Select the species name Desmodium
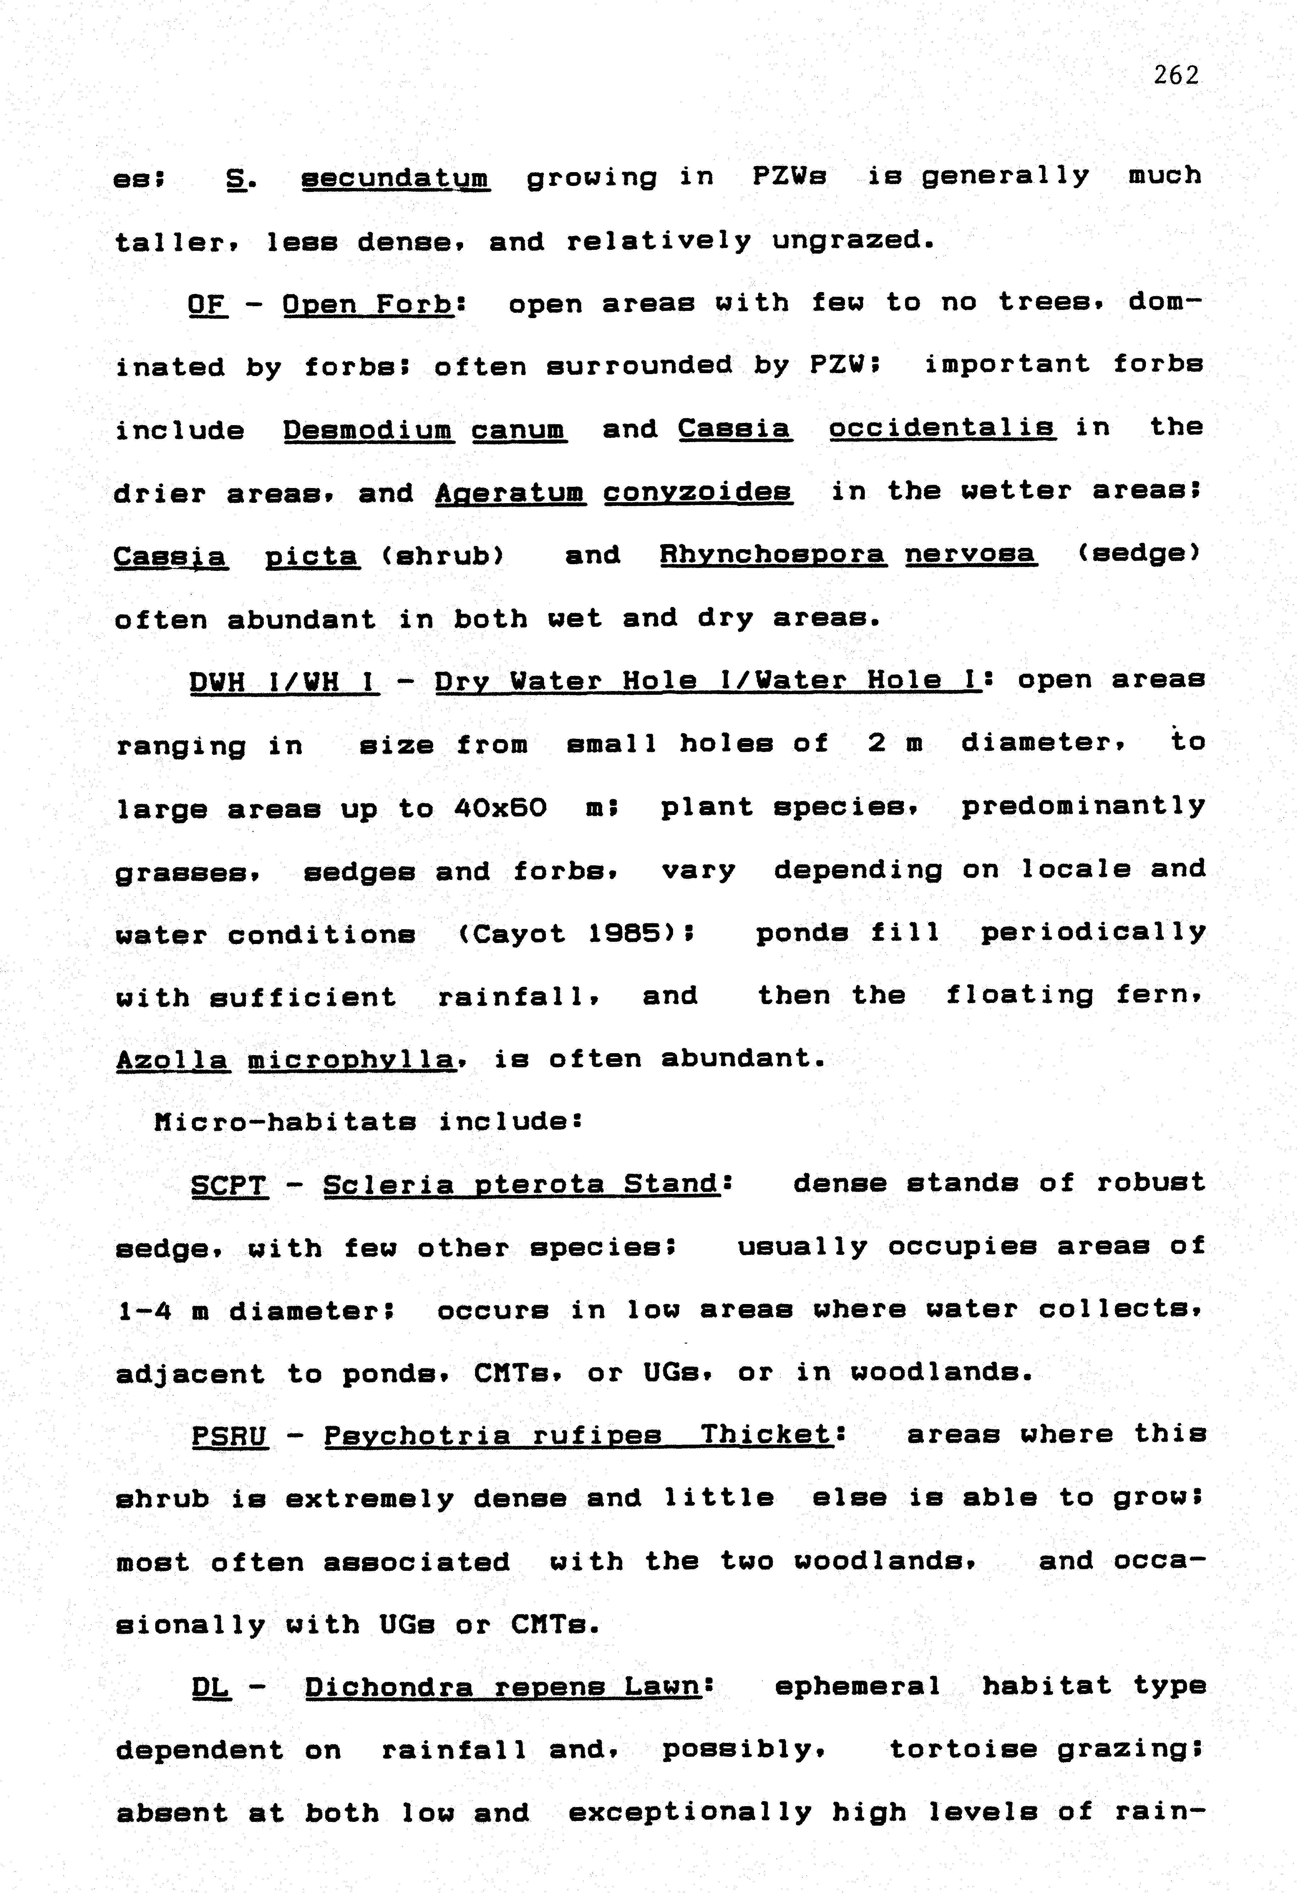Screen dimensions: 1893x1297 coord(368,429)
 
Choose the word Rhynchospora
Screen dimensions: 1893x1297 coord(772,555)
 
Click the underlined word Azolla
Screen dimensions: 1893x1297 coord(173,1060)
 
